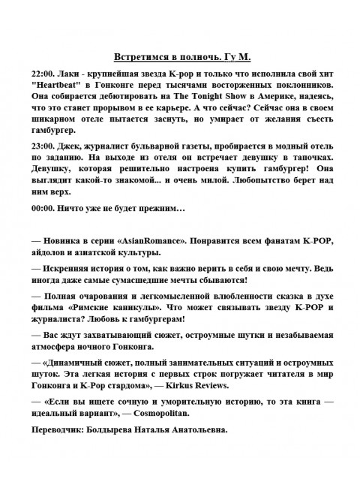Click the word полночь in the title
(x=197, y=57)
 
